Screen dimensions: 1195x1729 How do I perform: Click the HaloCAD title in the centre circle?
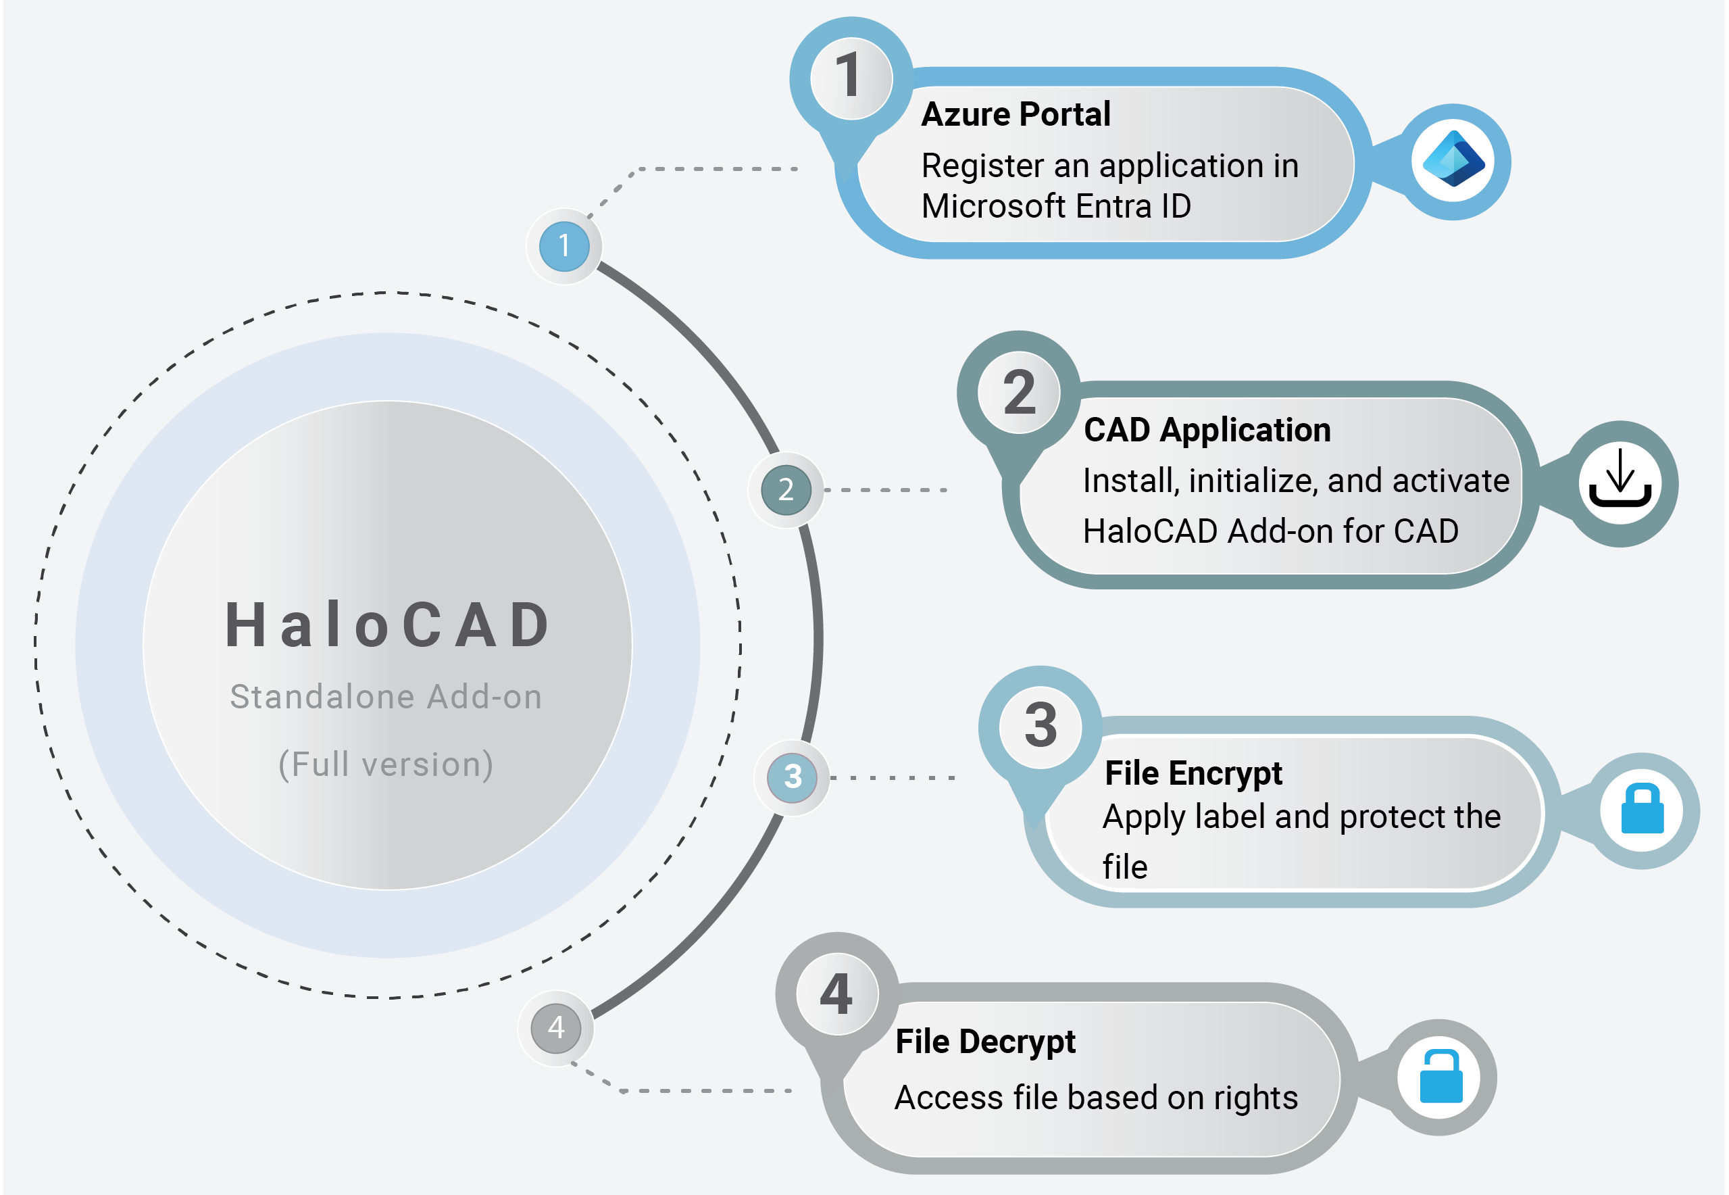tap(388, 625)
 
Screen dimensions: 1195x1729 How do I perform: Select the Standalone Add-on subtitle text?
tap(386, 697)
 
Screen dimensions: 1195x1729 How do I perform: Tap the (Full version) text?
tap(386, 764)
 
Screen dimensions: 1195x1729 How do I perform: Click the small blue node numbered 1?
tap(564, 246)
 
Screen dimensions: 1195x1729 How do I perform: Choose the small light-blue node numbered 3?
tap(793, 777)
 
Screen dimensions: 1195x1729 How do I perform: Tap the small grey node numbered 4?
tap(556, 1028)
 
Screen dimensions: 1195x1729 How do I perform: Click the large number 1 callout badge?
tap(851, 77)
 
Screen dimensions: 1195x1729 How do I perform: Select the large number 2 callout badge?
tap(1019, 392)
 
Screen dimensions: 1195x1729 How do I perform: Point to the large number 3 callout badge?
tap(1041, 727)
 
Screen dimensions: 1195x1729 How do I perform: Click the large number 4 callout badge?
tap(837, 994)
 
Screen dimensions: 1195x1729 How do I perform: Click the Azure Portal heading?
tap(1016, 114)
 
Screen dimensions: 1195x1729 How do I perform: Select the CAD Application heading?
tap(1207, 431)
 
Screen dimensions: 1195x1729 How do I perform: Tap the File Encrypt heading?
tap(1193, 773)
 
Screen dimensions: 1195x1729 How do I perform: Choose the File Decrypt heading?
tap(985, 1042)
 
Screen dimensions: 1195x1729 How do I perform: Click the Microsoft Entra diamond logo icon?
tap(1453, 160)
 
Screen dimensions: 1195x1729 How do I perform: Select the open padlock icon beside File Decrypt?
tap(1440, 1077)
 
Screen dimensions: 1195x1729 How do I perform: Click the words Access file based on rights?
tap(1096, 1098)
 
